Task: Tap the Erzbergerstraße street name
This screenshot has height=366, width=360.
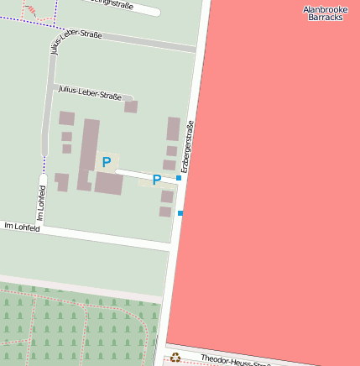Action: pos(188,147)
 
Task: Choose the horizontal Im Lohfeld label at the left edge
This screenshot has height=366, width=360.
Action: pos(22,227)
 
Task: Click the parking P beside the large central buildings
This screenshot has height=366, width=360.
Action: pos(106,162)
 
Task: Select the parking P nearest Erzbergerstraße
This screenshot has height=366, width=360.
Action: pos(156,180)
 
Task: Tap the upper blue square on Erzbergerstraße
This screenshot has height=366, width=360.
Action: pos(179,178)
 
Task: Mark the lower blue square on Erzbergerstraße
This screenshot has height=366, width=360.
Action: pos(180,213)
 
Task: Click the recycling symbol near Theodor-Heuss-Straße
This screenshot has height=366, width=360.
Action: pos(175,358)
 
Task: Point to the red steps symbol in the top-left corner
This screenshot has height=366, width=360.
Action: pos(32,11)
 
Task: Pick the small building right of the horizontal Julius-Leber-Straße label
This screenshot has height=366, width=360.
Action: pos(131,107)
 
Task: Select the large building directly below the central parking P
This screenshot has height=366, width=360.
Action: pos(108,183)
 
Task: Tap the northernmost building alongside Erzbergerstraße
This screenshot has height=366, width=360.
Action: pos(173,128)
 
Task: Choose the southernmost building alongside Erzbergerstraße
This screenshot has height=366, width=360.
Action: pos(165,212)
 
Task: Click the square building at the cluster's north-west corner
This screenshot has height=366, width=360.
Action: pos(66,118)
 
